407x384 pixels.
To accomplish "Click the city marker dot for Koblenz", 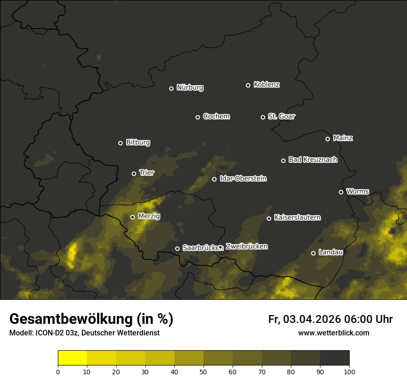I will pyautogui.click(x=248, y=85).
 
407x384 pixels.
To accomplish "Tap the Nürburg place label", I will pyautogui.click(x=190, y=88).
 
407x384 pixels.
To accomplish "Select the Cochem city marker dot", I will pyautogui.click(x=197, y=117).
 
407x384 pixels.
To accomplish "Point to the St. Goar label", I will pyautogui.click(x=282, y=117).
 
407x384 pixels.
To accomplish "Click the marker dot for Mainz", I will pyautogui.click(x=327, y=139).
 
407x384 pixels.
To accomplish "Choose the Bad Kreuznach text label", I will pyautogui.click(x=313, y=160).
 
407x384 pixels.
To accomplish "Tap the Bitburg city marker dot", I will pyautogui.click(x=120, y=143).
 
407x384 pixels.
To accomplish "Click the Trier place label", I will pyautogui.click(x=147, y=173).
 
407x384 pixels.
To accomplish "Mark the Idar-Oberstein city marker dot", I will pyautogui.click(x=214, y=179).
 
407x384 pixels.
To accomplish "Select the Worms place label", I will pyautogui.click(x=358, y=192).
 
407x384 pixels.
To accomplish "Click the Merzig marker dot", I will pyautogui.click(x=132, y=217).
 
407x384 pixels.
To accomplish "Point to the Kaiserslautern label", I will pyautogui.click(x=297, y=218).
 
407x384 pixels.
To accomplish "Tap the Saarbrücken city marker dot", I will pyautogui.click(x=177, y=248).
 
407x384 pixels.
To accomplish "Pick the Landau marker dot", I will pyautogui.click(x=313, y=253).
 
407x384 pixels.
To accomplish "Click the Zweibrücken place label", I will pyautogui.click(x=247, y=247).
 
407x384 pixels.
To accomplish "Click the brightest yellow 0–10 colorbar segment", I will pyautogui.click(x=72, y=358).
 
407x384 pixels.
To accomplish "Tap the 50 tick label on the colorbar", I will pyautogui.click(x=203, y=372).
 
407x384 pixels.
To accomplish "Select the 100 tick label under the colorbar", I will pyautogui.click(x=349, y=372).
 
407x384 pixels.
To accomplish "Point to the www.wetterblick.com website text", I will pyautogui.click(x=333, y=333).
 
